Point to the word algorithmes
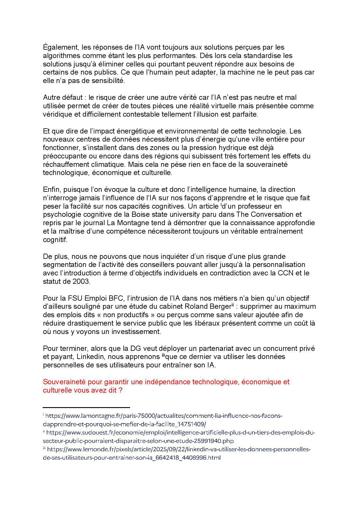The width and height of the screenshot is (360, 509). (x=60, y=56)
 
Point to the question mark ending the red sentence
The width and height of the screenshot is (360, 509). (x=120, y=390)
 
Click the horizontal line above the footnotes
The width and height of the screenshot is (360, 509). (x=86, y=407)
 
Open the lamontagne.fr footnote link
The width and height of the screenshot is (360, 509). (x=163, y=416)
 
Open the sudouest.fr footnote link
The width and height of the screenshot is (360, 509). (x=180, y=433)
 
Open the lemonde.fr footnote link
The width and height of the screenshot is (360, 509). (x=179, y=450)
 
